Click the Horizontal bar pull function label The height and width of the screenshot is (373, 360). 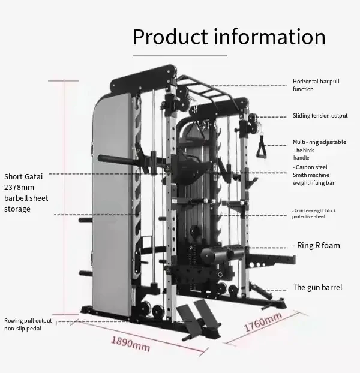[x=311, y=85]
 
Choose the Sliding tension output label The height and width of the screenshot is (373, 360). [x=320, y=116]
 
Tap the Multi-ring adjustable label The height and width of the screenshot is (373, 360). [x=319, y=142]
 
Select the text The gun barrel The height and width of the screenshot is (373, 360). [x=317, y=288]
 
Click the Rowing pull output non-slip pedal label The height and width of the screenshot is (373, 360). [x=28, y=324]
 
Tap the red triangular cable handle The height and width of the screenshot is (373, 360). [x=263, y=149]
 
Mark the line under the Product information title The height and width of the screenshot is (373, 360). [x=180, y=55]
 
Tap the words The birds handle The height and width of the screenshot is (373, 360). [x=303, y=154]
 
